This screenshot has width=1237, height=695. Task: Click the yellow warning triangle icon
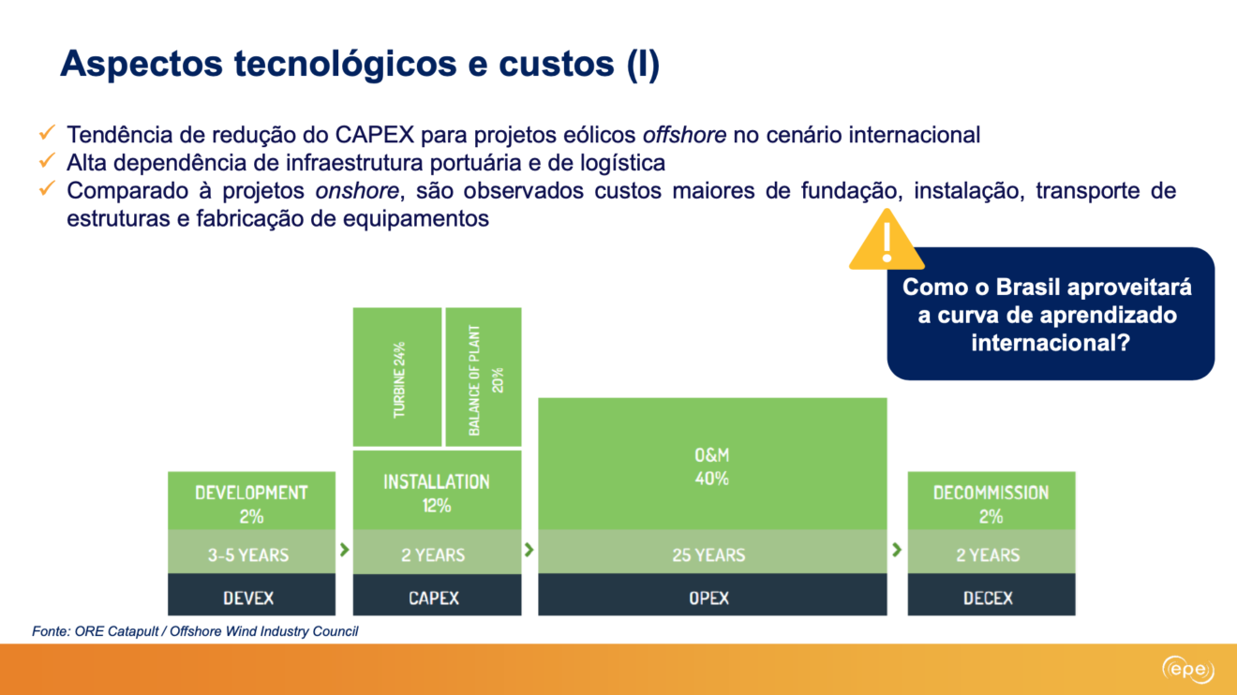pos(887,241)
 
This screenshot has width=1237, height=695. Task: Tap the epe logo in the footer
pos(1188,670)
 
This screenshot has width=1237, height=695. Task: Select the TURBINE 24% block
pos(397,377)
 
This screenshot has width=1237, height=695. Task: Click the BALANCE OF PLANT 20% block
pos(484,377)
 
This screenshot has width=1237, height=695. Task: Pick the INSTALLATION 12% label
pos(437,493)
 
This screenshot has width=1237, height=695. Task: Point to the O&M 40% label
pos(712,466)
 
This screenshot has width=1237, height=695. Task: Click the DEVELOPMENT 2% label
pos(251,504)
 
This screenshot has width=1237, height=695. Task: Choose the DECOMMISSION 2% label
pos(991,504)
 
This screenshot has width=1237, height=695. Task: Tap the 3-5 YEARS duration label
pos(248,555)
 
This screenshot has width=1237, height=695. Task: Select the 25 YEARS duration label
pos(708,555)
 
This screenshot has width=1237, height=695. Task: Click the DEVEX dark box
pos(252,595)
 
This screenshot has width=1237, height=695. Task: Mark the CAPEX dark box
pos(438,595)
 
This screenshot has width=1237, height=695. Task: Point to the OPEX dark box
pos(712,595)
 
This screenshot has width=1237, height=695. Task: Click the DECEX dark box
pos(991,595)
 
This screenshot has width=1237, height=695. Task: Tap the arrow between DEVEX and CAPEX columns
pos(345,549)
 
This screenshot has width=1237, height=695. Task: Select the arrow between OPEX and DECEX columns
pos(897,549)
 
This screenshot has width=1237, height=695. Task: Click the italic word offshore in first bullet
pos(685,135)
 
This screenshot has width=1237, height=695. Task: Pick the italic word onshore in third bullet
pos(357,190)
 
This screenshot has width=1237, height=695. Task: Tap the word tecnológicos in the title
pos(346,65)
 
